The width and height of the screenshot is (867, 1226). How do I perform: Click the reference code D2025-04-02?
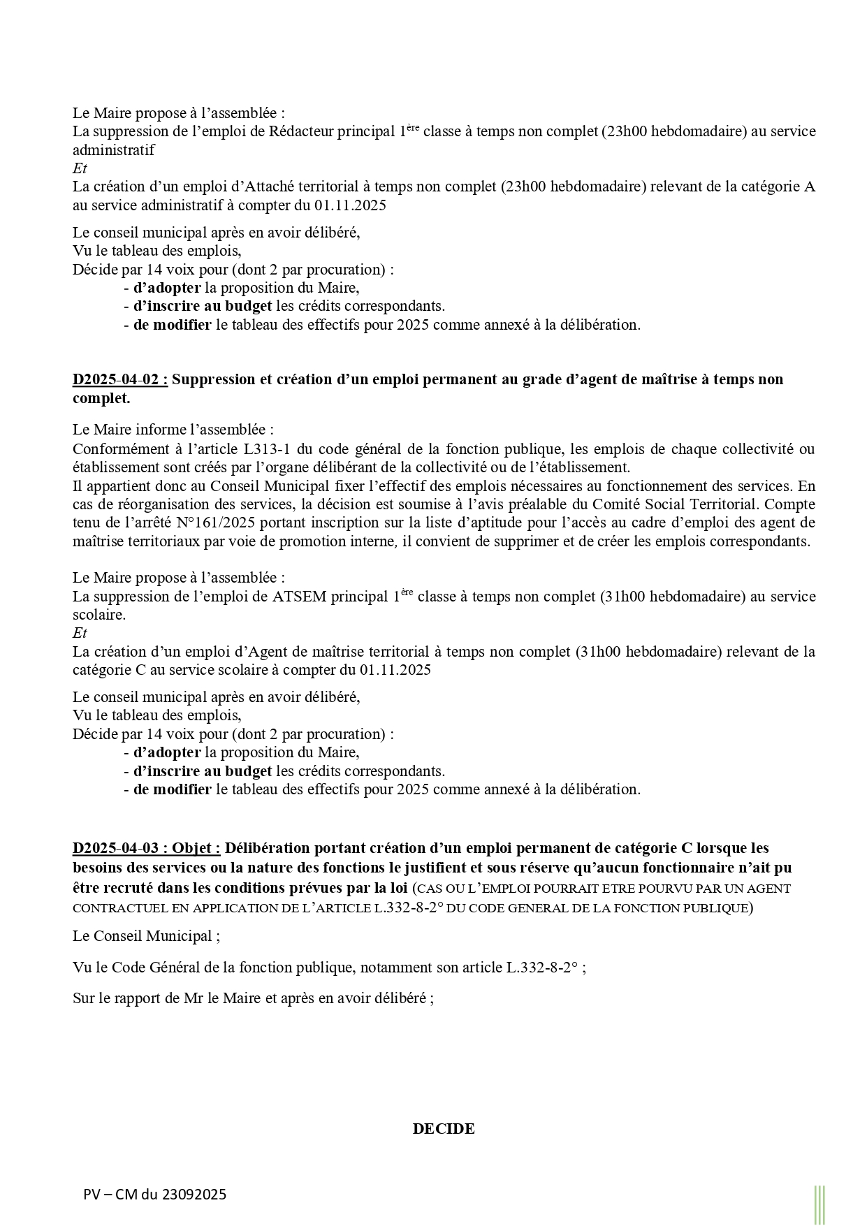click(x=119, y=379)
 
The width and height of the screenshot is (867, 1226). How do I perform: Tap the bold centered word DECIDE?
click(x=444, y=1129)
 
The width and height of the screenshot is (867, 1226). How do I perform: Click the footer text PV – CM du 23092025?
click(x=154, y=1195)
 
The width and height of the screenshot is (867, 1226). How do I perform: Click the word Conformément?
click(x=117, y=448)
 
